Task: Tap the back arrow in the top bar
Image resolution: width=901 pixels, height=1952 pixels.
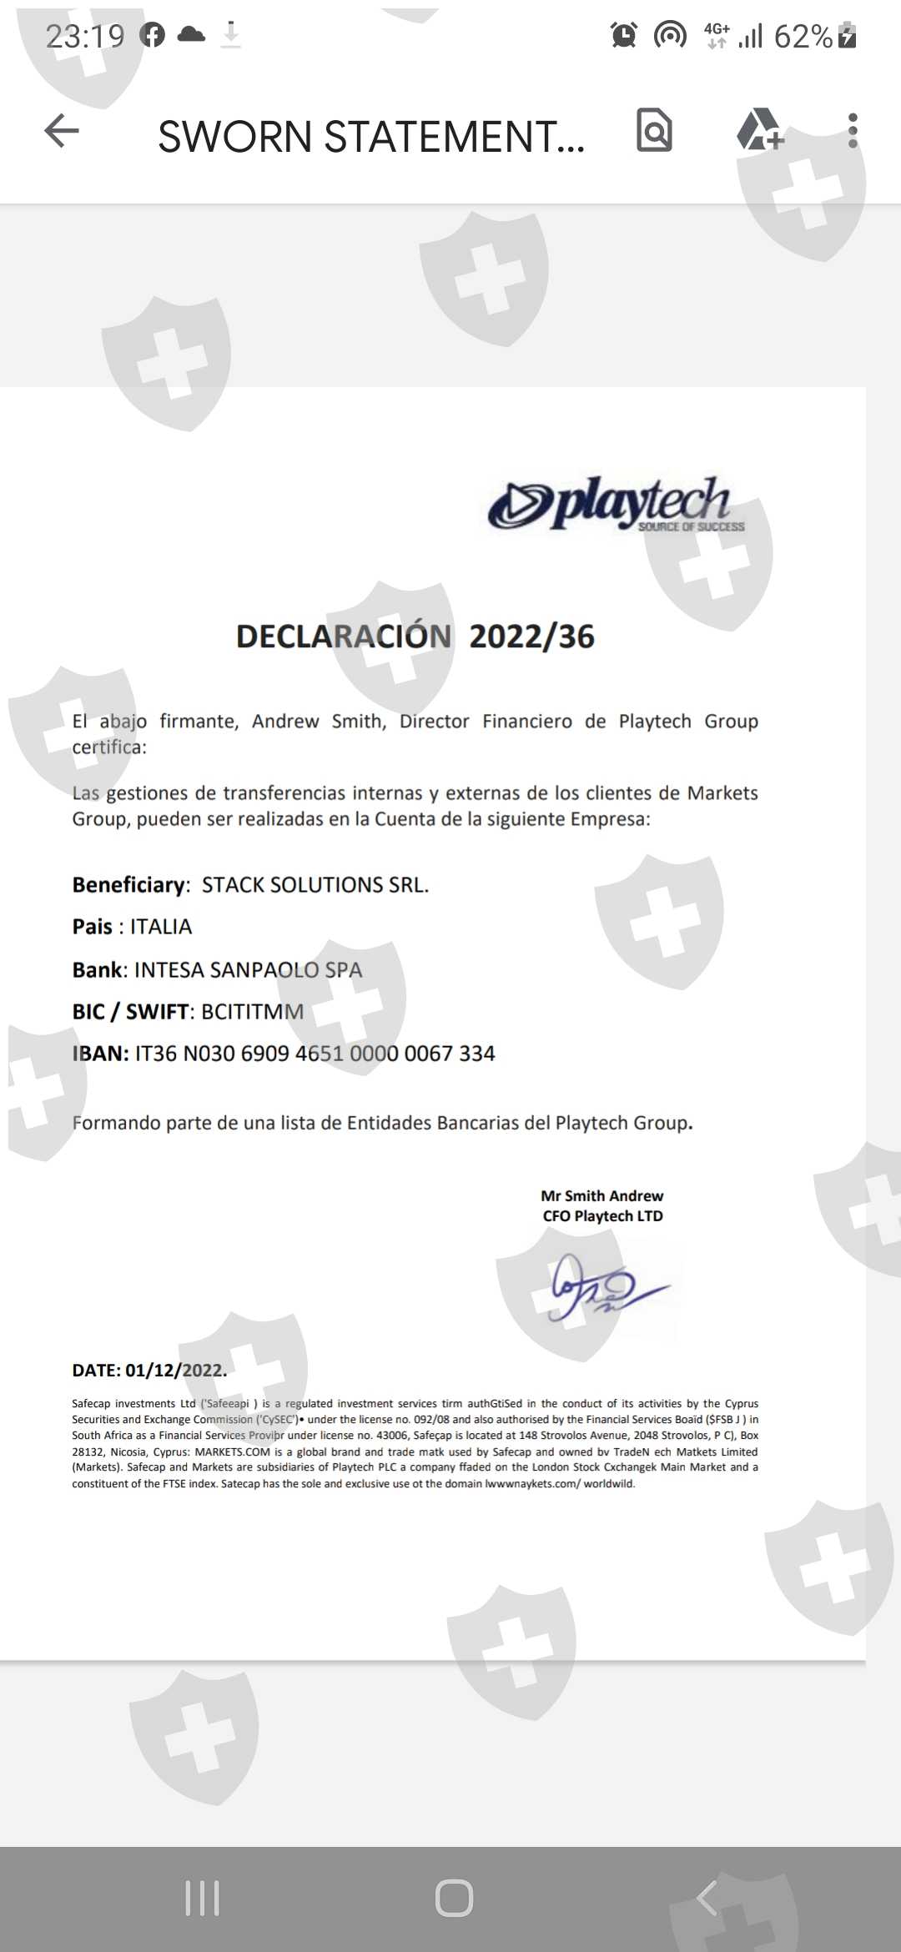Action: (x=62, y=131)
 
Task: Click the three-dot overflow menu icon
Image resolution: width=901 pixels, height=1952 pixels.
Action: (x=852, y=131)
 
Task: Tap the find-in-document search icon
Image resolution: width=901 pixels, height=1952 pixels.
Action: (x=654, y=130)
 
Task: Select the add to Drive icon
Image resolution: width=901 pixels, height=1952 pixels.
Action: (x=759, y=130)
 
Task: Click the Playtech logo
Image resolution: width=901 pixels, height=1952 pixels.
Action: (x=616, y=505)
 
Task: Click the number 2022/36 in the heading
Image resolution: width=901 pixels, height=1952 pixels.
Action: (x=531, y=636)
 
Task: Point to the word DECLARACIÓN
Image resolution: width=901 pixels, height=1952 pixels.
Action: (x=344, y=636)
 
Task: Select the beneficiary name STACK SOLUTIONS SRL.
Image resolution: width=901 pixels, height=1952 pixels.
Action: (x=315, y=885)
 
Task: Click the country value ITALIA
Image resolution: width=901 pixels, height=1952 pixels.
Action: (x=161, y=927)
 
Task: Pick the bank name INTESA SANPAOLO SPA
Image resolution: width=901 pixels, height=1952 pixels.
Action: (x=248, y=970)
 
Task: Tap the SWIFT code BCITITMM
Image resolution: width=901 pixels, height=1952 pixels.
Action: (x=252, y=1012)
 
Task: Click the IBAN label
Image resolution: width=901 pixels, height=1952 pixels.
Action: (x=100, y=1054)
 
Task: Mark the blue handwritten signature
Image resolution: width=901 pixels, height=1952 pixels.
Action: (x=605, y=1288)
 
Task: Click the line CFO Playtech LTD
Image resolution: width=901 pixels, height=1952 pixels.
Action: (x=602, y=1216)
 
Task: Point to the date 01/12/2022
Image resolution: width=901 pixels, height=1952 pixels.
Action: (x=175, y=1371)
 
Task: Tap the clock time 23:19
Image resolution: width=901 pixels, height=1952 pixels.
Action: (x=85, y=36)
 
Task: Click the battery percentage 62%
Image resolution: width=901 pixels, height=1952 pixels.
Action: (x=803, y=37)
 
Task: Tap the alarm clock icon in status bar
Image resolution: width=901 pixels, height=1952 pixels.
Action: (x=623, y=35)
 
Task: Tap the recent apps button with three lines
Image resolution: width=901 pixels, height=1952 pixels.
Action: (x=202, y=1898)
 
